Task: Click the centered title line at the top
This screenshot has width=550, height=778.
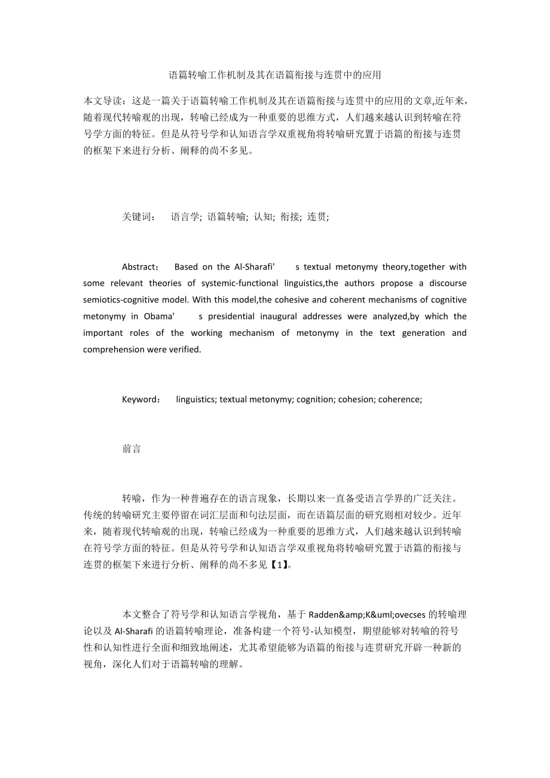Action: point(275,75)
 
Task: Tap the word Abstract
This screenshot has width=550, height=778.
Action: point(140,267)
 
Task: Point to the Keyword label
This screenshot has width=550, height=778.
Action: point(140,400)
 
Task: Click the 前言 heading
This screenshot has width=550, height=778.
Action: point(132,449)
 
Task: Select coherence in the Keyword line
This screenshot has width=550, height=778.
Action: point(401,400)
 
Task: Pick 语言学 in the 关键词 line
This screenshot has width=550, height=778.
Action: point(186,218)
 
